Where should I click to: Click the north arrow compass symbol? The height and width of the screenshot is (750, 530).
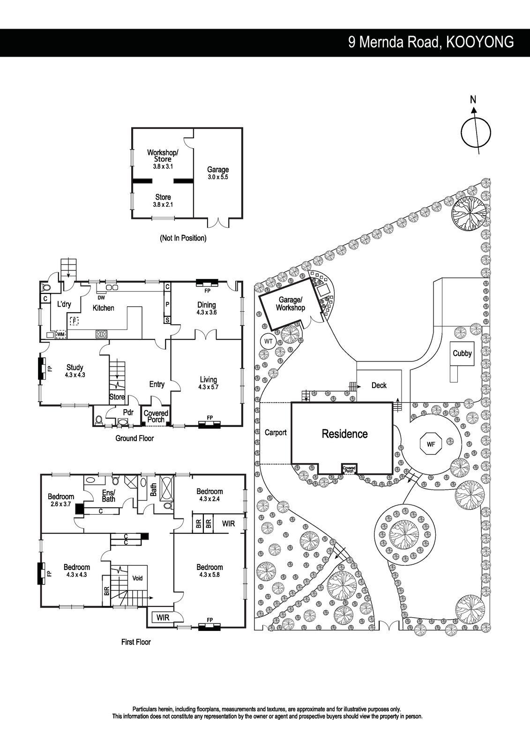coord(476,132)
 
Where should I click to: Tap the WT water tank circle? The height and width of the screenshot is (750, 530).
coord(268,341)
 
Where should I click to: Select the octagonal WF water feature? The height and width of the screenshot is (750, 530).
coord(431,444)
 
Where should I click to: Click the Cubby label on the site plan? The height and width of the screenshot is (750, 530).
coord(462,353)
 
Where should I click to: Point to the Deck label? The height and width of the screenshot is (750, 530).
coord(379,385)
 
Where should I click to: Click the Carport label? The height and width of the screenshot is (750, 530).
coord(276,433)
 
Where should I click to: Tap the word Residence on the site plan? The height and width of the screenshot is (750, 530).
coord(344,434)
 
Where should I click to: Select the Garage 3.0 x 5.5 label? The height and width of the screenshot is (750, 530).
coord(218,173)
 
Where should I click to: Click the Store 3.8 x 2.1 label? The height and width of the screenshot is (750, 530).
coord(163,201)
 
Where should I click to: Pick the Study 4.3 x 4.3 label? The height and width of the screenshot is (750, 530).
coord(75,371)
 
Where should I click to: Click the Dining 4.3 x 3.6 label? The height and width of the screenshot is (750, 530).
coord(206,308)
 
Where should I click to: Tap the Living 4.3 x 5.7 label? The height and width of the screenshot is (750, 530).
coord(208,383)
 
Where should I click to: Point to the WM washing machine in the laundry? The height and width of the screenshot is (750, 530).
coord(60,334)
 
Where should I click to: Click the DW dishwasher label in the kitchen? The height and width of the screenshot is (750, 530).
coord(101,298)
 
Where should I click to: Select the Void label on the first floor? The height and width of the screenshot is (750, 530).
coord(137,578)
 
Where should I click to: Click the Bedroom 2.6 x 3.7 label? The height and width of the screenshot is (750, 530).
coord(61,500)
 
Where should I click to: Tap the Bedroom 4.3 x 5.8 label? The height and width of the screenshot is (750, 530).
coord(209,570)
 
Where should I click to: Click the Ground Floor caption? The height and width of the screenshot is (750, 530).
coord(134,438)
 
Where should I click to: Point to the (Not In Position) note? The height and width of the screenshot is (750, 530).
coord(183,238)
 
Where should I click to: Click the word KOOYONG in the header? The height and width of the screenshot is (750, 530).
coord(479,42)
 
